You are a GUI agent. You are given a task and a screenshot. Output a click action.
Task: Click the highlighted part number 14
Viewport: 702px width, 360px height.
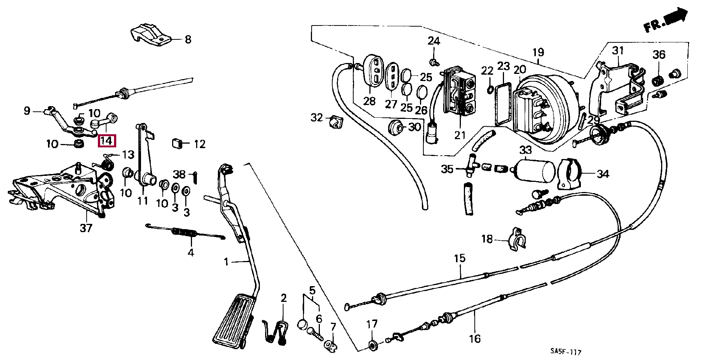tap(106, 141)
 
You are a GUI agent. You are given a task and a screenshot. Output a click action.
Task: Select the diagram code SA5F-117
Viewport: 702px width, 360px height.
tap(566, 352)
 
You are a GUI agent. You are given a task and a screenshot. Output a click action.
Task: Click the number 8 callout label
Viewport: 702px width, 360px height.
tap(188, 39)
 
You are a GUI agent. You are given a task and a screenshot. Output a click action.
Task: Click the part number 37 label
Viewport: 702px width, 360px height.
tap(86, 228)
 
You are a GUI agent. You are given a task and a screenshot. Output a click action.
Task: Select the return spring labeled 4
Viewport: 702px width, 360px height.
tap(185, 233)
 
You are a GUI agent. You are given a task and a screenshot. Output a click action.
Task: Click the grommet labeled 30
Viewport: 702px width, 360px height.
tap(395, 127)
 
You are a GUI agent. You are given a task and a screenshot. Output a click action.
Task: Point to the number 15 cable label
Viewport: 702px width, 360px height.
tap(460, 258)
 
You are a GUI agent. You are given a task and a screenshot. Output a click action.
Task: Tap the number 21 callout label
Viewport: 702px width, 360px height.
tap(460, 135)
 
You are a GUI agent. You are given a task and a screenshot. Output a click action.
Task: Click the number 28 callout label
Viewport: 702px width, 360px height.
tap(369, 101)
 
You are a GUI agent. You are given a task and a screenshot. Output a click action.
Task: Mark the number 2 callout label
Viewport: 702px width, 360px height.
tap(283, 298)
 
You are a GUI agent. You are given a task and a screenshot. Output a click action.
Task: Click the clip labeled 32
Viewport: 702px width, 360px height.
tap(336, 121)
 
